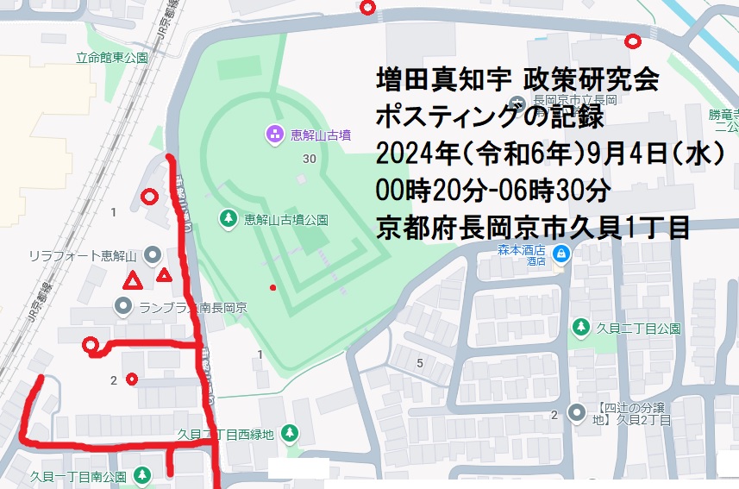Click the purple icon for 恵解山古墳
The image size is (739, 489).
274,134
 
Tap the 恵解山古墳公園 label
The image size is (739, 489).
285,220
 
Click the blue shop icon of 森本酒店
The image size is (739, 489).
561,254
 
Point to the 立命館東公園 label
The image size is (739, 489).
111,59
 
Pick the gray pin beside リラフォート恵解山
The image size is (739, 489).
153,254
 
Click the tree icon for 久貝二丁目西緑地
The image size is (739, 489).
291,433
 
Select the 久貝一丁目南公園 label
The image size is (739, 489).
78,475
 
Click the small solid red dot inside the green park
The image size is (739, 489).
273,287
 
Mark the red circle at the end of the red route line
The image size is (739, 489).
90,347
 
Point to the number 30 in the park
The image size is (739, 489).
310,160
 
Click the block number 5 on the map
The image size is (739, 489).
420,363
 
